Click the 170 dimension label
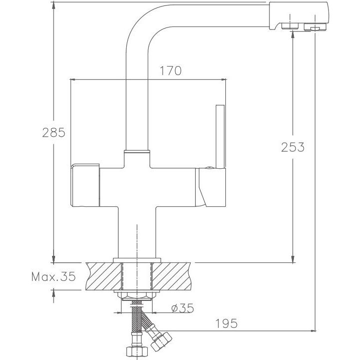point(170,71)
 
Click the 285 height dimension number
point(54,133)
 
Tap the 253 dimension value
point(293,147)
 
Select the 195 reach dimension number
point(226,323)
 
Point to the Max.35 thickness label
point(54,276)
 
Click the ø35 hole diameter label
point(183,308)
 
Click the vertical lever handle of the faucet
point(220,137)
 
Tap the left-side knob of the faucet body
point(85,185)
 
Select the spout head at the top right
point(299,16)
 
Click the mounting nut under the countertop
point(137,296)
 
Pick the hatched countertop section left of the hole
point(103,276)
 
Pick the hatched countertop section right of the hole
point(172,276)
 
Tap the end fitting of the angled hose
point(161,340)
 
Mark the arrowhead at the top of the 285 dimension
point(54,6)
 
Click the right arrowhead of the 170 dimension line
point(223,80)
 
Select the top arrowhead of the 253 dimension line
point(293,34)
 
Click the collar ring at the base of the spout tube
point(137,152)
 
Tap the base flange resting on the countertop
point(137,260)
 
